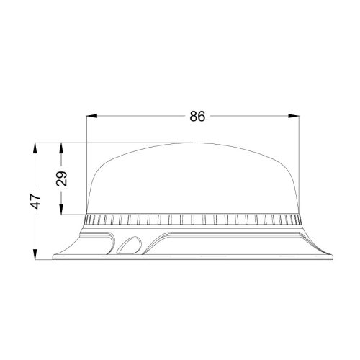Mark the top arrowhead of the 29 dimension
click(62, 146)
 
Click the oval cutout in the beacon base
click(130, 246)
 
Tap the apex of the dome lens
click(192, 143)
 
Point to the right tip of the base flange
click(333, 256)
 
